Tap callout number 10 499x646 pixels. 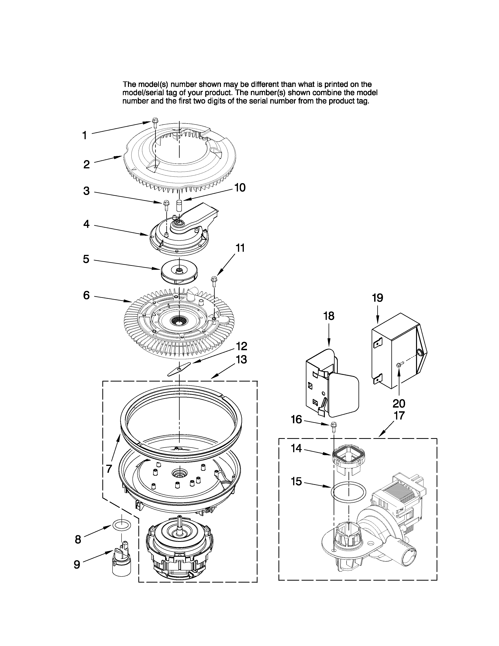point(240,188)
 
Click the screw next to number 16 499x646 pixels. point(333,426)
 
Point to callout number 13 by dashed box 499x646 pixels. point(241,360)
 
